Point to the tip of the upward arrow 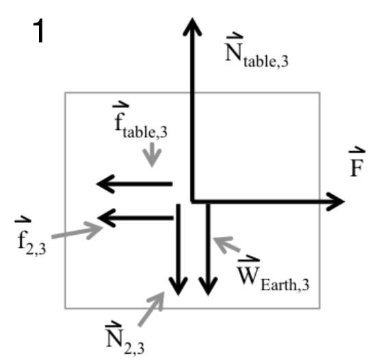coord(192,21)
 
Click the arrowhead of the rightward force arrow coord(336,201)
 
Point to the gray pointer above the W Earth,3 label coord(228,246)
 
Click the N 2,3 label coord(126,335)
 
